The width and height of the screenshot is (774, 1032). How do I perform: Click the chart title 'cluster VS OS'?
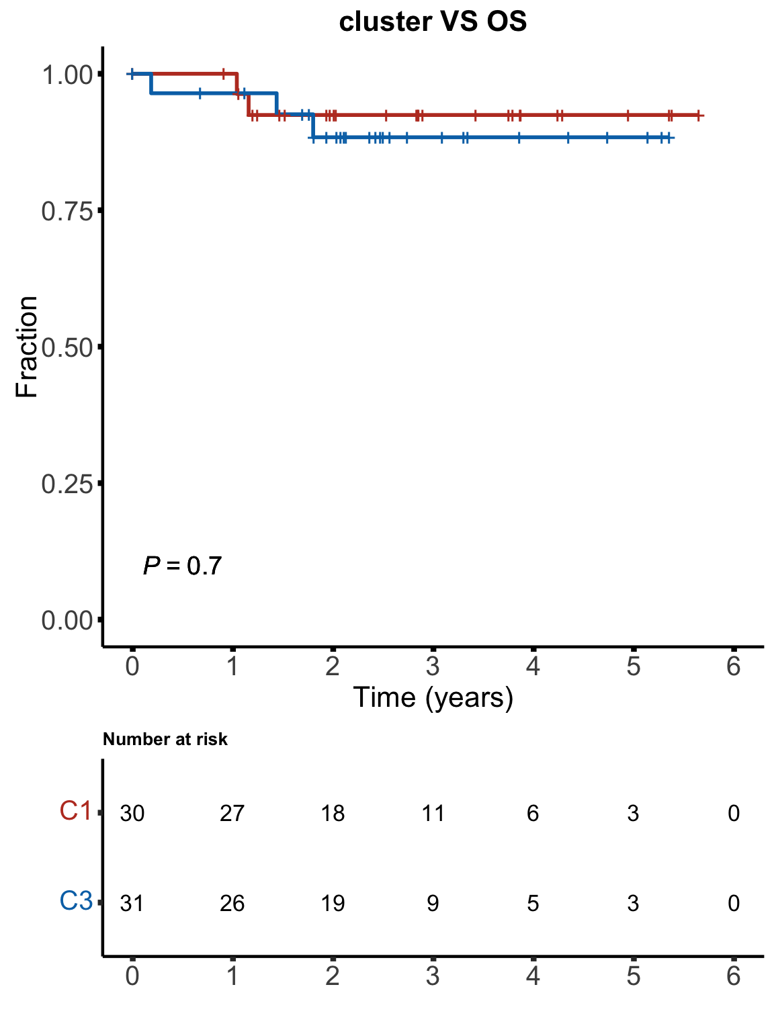(x=433, y=21)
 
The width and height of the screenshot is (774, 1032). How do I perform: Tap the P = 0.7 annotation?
(x=182, y=566)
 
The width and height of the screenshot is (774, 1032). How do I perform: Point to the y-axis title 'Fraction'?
(x=27, y=347)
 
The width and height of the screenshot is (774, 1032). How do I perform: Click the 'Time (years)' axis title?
(x=433, y=697)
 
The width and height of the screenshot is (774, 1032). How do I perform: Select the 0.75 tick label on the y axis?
(x=67, y=212)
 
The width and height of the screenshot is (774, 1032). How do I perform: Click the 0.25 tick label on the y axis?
(x=67, y=484)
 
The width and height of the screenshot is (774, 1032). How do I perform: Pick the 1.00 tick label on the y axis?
(x=67, y=75)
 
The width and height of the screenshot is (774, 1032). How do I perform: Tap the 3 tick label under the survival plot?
(x=433, y=667)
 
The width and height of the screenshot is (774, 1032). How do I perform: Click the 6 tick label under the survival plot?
(x=734, y=667)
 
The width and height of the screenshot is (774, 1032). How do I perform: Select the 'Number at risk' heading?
(x=165, y=740)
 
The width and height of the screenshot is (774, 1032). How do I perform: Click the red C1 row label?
(x=75, y=812)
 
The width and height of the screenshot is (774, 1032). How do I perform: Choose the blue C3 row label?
(x=75, y=901)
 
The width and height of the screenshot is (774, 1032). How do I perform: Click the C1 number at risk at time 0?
(x=132, y=814)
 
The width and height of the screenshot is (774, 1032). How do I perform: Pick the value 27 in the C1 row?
(x=232, y=814)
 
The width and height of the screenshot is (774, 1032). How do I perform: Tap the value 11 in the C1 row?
(x=433, y=814)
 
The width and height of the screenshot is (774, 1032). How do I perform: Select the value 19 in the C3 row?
(x=333, y=903)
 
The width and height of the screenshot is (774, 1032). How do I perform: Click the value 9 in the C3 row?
(x=433, y=903)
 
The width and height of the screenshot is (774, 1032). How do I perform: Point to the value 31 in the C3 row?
(x=132, y=903)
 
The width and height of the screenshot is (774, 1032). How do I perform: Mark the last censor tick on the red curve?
(x=699, y=116)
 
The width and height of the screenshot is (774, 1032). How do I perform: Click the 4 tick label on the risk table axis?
(x=533, y=976)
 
